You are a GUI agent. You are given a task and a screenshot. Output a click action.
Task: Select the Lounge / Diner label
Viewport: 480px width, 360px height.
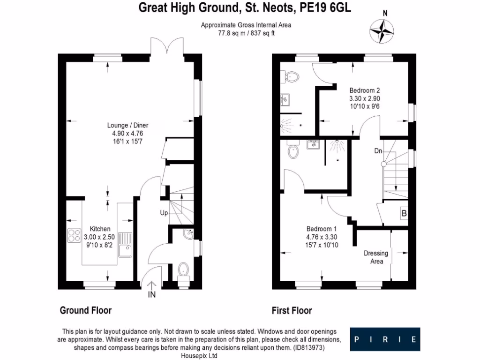pos(125,125)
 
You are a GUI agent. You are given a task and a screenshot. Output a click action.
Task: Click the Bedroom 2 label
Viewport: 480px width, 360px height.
pos(365,90)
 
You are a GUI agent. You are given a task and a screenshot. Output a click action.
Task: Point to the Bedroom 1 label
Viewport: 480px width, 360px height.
pos(322,229)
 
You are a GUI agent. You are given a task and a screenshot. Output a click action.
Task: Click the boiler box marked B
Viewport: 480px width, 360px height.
pos(404,214)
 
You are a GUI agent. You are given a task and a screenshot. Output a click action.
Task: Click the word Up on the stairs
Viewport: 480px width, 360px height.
pos(164,213)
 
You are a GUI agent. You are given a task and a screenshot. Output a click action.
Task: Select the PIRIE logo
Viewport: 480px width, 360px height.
pos(385,339)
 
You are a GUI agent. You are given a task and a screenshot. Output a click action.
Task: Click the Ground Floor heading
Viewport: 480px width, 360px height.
pos(85,310)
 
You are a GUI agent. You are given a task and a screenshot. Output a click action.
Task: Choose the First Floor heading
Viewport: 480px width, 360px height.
pos(292,310)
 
